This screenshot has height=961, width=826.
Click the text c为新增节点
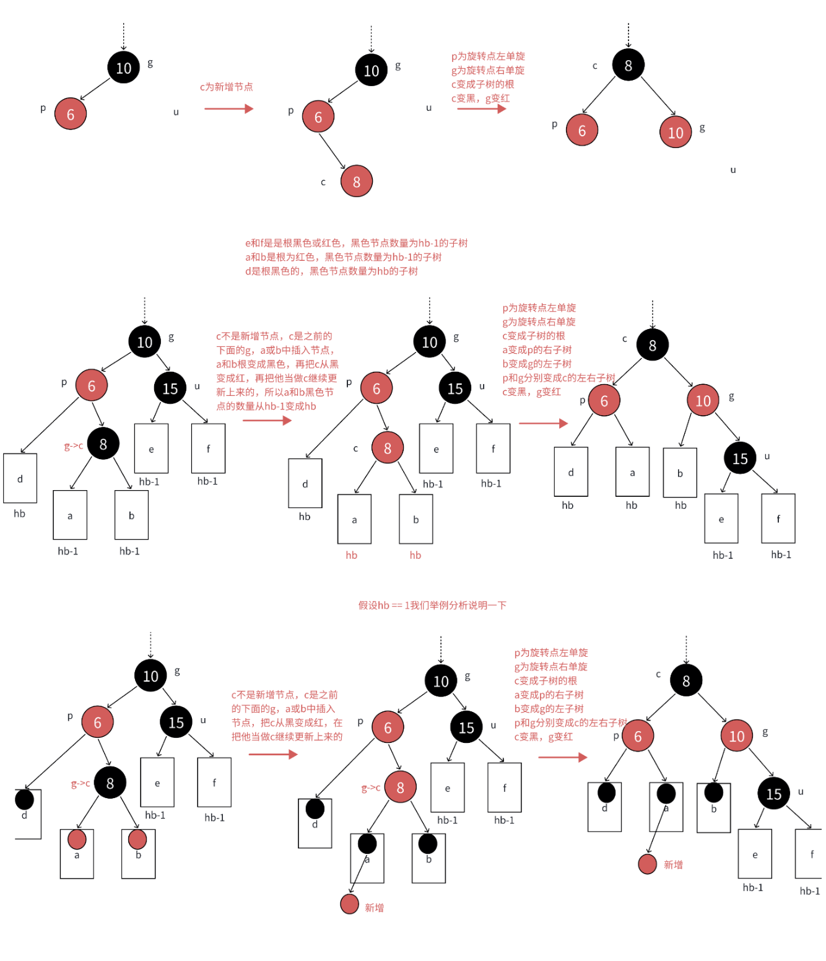(226, 87)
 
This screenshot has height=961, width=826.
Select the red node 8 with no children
(357, 181)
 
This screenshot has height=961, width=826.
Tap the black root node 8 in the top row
(628, 65)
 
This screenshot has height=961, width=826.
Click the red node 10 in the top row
(676, 132)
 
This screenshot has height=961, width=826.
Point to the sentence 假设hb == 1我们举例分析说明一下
(432, 605)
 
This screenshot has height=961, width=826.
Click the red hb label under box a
(351, 555)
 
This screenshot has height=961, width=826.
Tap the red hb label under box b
(415, 555)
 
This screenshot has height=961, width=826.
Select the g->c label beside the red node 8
(370, 788)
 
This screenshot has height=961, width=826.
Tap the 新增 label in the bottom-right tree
(673, 864)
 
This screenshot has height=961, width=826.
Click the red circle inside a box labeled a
(77, 840)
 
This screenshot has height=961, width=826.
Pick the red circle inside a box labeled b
(137, 840)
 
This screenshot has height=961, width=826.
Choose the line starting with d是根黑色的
(331, 271)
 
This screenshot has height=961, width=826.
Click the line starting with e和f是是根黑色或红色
(356, 243)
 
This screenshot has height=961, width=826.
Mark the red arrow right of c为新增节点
(228, 109)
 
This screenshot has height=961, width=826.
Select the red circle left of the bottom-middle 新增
(350, 904)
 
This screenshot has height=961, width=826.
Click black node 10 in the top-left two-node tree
(124, 68)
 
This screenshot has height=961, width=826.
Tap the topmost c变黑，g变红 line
(480, 99)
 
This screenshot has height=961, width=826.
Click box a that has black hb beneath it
(632, 472)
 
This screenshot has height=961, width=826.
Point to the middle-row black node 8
(103, 444)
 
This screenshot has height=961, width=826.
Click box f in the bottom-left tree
(214, 783)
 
